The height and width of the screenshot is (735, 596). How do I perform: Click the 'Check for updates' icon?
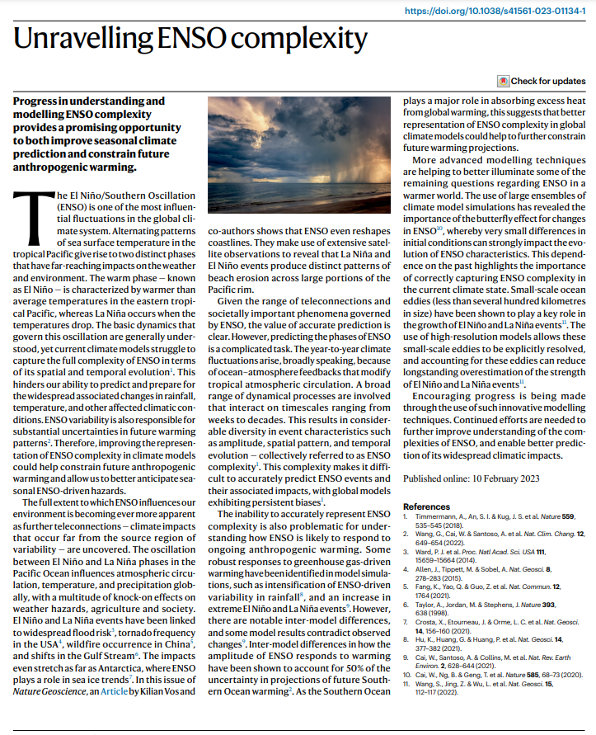[503, 81]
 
